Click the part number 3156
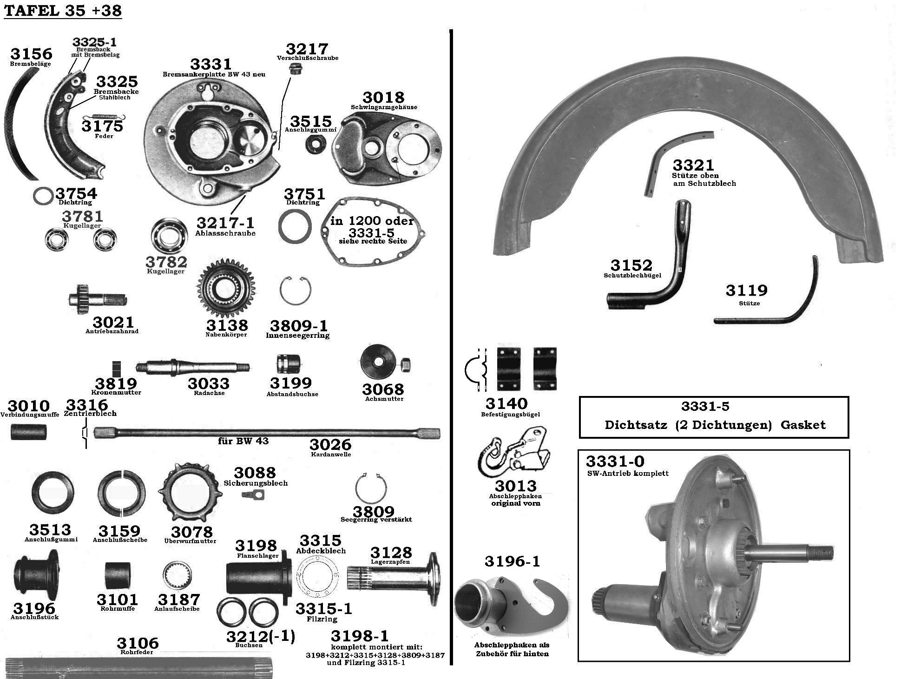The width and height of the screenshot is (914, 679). (32, 54)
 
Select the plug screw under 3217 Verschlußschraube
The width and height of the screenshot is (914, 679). (294, 70)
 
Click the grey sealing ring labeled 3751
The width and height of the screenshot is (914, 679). (295, 226)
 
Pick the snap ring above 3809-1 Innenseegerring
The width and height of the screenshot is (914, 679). (296, 290)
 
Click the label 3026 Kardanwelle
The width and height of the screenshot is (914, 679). (330, 448)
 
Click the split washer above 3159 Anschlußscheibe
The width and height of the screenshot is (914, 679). (121, 494)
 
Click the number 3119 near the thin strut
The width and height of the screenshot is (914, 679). (747, 290)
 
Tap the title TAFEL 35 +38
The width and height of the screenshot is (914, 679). (63, 10)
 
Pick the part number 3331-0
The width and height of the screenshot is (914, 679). (615, 461)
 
